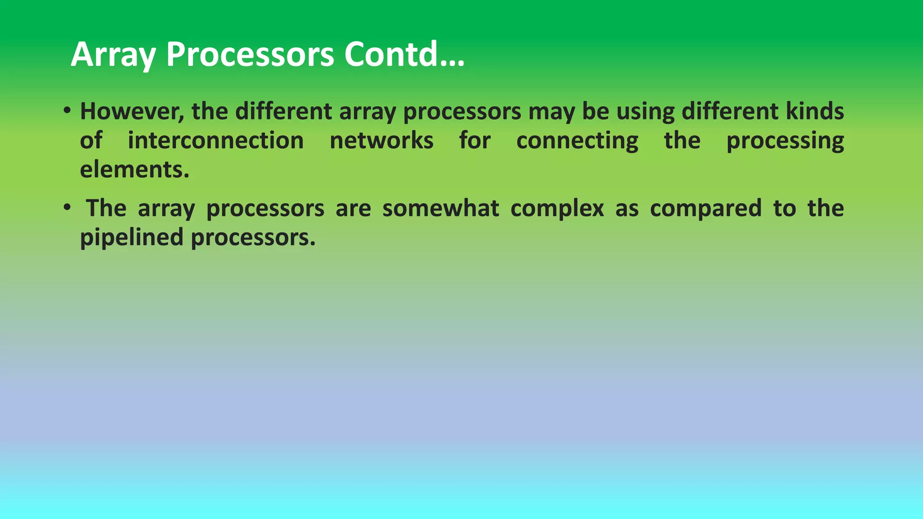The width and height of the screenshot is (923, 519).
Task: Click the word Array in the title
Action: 113,55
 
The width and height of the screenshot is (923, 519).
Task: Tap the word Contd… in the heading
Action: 404,55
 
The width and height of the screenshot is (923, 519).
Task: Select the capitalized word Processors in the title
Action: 250,55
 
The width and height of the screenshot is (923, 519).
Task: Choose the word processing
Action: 785,141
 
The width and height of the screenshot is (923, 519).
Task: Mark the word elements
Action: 134,169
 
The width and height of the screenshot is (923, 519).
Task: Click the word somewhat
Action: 440,208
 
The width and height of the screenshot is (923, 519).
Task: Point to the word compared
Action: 705,208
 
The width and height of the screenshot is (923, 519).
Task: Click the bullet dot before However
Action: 67,110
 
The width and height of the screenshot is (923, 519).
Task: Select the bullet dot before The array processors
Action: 67,207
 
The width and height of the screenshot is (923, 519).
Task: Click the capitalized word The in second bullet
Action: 106,208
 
